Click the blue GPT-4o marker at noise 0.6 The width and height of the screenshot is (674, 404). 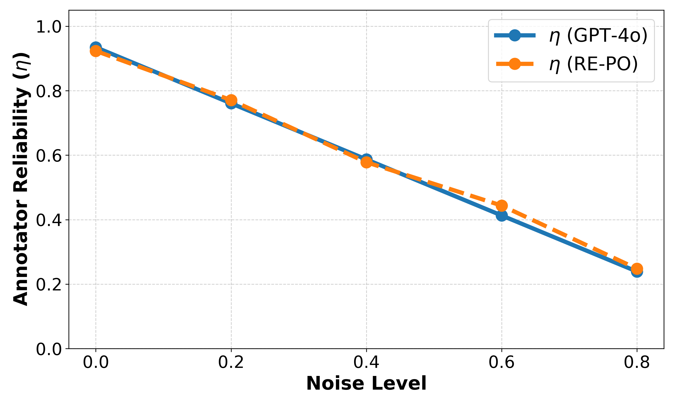pos(501,216)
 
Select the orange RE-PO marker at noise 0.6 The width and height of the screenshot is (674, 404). pos(501,206)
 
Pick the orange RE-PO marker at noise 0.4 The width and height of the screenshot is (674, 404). pos(366,162)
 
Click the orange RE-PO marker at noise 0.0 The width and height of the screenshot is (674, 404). pos(96,51)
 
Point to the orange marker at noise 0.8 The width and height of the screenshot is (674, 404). pos(637,269)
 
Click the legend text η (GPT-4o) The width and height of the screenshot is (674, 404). pos(598,36)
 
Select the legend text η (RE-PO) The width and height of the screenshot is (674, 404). pos(593,64)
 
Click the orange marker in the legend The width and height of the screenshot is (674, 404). pos(515,64)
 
